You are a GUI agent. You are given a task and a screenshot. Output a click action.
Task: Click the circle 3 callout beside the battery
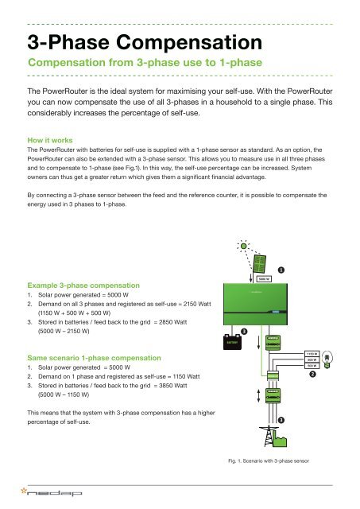tap(244, 330)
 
